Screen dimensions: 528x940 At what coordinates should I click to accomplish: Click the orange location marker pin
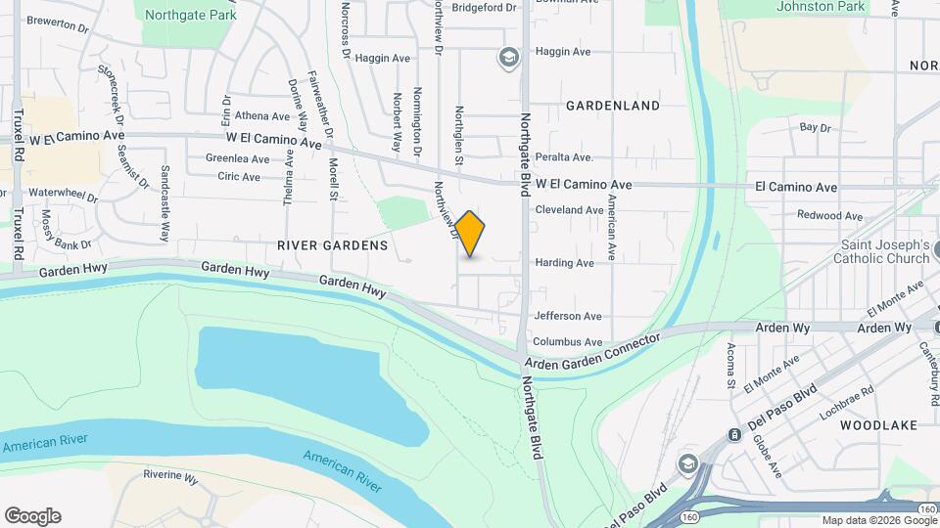click(x=470, y=234)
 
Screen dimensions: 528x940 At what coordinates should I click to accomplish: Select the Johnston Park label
click(x=821, y=7)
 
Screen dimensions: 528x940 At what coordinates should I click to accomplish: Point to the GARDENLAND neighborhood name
click(x=612, y=105)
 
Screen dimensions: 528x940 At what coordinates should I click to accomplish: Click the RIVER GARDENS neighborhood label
click(x=333, y=245)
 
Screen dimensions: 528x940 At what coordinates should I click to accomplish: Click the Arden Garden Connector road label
click(x=591, y=352)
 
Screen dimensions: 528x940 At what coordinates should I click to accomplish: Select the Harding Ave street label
click(x=564, y=263)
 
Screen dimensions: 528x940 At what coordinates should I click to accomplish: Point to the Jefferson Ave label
click(x=568, y=316)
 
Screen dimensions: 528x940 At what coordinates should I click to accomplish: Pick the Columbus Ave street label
click(x=568, y=342)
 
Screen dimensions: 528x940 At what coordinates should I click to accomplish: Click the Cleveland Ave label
click(x=569, y=210)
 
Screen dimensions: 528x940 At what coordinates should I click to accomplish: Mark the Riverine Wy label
click(x=170, y=476)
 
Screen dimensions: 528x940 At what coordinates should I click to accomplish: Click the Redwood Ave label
click(x=829, y=215)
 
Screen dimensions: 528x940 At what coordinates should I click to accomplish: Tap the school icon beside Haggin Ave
click(x=508, y=58)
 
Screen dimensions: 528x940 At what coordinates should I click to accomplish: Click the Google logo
click(x=32, y=516)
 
